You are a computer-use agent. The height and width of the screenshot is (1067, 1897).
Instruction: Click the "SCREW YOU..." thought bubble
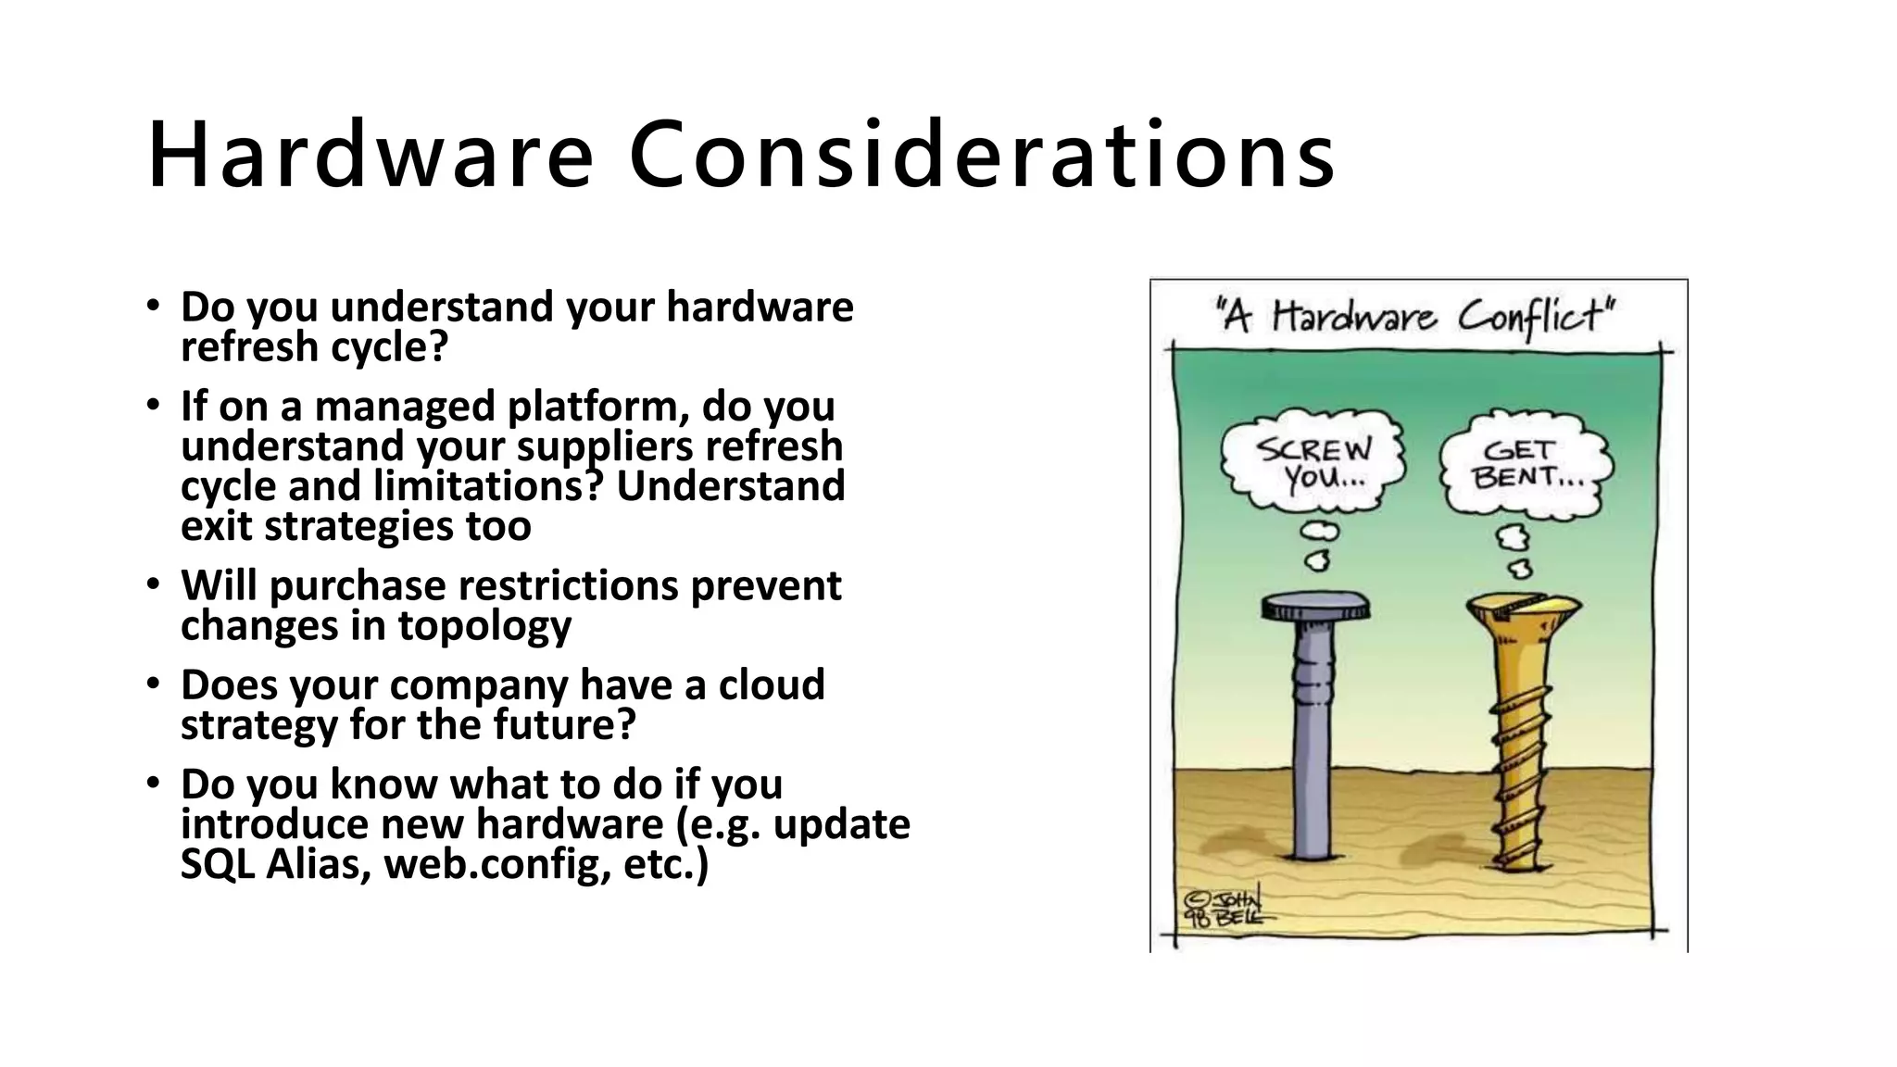point(1313,463)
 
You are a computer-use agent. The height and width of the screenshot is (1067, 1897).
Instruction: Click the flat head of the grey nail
point(1315,609)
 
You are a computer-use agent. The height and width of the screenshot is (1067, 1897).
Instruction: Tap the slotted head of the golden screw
point(1524,611)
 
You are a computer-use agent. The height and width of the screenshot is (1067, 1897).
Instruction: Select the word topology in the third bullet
point(484,626)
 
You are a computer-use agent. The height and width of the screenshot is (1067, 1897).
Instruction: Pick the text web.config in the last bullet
point(496,864)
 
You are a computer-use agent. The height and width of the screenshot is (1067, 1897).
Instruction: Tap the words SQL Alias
point(275,864)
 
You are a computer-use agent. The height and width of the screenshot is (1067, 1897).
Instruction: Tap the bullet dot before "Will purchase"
point(153,585)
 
